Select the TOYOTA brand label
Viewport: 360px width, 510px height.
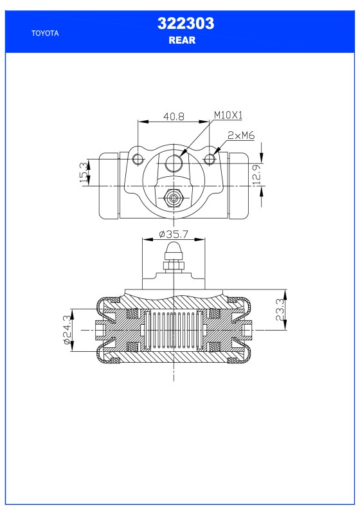click(x=45, y=33)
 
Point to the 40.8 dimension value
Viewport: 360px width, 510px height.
click(x=174, y=116)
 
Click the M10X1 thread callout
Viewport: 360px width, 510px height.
click(x=228, y=116)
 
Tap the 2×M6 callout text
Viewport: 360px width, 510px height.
click(x=242, y=136)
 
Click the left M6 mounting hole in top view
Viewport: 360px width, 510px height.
click(x=137, y=158)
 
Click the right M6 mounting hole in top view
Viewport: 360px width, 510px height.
click(x=210, y=158)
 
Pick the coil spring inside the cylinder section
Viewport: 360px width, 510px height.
click(x=174, y=330)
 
